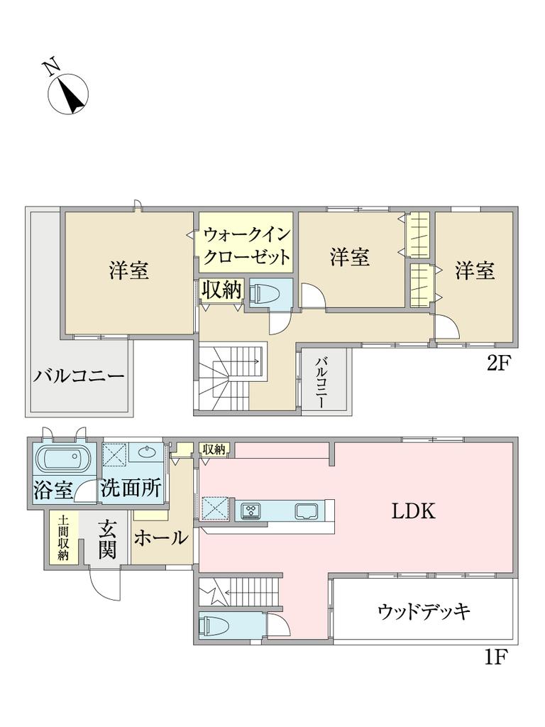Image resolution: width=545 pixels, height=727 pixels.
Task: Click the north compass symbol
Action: [x=68, y=93]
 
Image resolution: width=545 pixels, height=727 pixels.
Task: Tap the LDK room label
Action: [x=413, y=511]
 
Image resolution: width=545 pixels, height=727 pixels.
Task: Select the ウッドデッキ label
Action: [x=424, y=611]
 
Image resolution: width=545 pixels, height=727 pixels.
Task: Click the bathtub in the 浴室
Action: [x=63, y=459]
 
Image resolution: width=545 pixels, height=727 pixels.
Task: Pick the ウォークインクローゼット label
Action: [x=247, y=245]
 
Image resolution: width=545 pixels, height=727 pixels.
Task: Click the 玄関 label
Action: [x=106, y=540]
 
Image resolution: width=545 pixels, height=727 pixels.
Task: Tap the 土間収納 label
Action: [x=63, y=537]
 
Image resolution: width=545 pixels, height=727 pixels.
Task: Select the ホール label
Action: [x=161, y=538]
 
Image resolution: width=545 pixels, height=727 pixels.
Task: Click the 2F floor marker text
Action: [x=498, y=363]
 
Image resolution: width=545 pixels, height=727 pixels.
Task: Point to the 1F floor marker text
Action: [x=497, y=657]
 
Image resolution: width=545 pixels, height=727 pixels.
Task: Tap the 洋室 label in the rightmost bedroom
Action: [x=475, y=270]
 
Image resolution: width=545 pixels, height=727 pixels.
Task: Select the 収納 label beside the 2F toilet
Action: [x=221, y=290]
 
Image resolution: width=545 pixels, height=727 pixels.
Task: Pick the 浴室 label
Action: [x=53, y=490]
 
